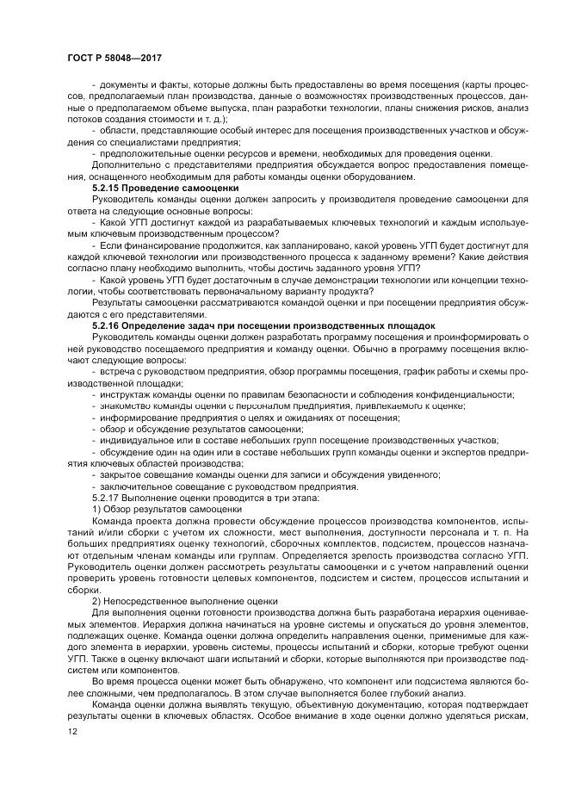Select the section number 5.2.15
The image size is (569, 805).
coord(107,187)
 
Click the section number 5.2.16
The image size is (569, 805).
coord(107,325)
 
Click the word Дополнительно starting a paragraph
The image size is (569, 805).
coord(125,164)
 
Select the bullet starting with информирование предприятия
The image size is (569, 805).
coord(250,417)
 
